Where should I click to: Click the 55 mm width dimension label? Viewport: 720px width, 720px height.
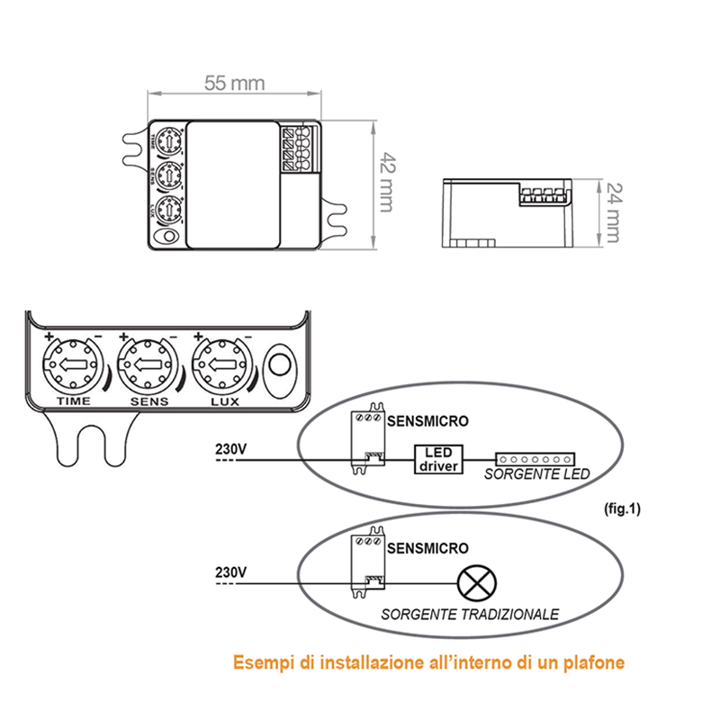point(233,83)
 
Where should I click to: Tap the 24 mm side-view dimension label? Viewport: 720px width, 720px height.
point(612,212)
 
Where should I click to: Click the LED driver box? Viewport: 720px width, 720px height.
point(437,458)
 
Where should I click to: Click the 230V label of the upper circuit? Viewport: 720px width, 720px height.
point(231,447)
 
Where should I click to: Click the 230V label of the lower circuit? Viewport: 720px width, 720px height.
point(231,571)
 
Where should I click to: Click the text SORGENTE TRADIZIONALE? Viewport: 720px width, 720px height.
point(470,615)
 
